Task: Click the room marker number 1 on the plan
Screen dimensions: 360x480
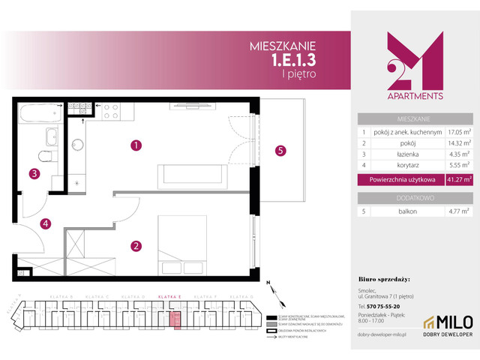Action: point(136,145)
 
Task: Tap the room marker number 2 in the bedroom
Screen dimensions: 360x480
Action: point(136,244)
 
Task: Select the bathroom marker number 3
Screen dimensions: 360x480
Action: point(34,175)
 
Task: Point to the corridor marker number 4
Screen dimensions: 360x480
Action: point(45,223)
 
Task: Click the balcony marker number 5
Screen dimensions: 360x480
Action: point(280,150)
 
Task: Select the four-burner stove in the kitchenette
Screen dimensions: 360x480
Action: point(109,111)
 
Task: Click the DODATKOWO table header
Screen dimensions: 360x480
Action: point(414,197)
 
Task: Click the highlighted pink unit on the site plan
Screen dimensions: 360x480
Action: point(178,321)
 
